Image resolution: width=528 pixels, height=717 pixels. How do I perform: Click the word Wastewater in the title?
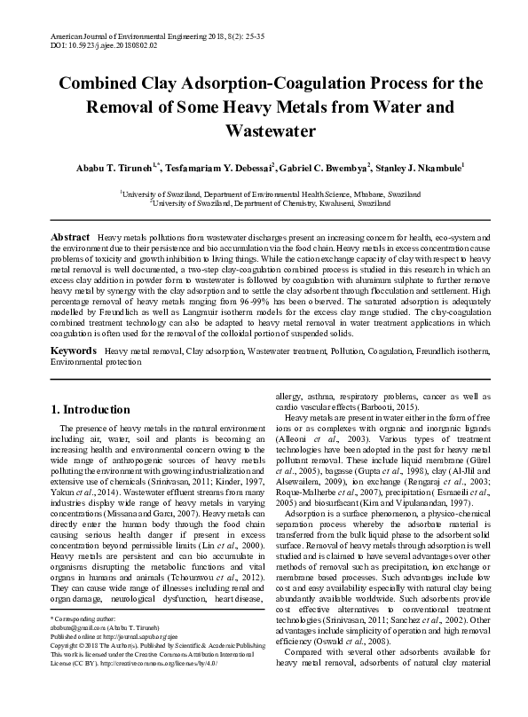point(264,132)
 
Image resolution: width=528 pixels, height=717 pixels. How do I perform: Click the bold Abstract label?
point(69,239)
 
